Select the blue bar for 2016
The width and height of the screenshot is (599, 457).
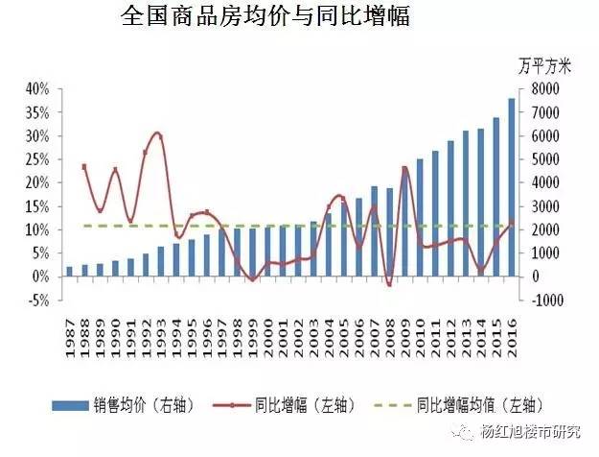(512, 187)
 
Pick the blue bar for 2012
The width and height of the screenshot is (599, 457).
(450, 208)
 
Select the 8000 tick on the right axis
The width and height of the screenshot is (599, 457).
(546, 88)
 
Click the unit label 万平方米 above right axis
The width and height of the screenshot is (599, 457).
(544, 66)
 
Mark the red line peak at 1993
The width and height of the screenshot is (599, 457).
(159, 134)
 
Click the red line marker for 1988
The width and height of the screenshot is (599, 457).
(84, 166)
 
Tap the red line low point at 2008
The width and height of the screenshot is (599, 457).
(389, 284)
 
